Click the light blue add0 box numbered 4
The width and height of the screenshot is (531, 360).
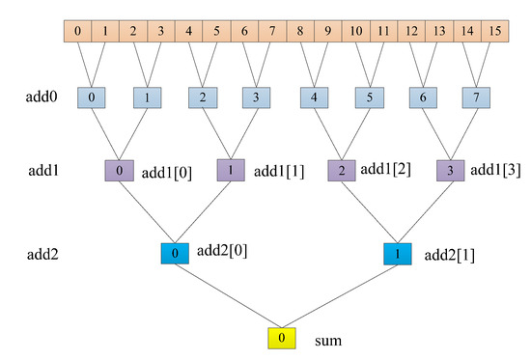click(x=314, y=99)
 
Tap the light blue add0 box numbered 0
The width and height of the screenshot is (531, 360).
click(x=92, y=99)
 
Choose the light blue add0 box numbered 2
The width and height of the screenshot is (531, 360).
click(x=203, y=99)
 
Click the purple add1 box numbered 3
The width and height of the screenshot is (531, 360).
click(x=451, y=171)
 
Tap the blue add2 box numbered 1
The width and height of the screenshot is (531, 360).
click(x=397, y=254)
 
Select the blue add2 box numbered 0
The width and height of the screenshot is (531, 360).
click(x=175, y=254)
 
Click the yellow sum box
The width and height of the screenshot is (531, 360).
click(x=281, y=340)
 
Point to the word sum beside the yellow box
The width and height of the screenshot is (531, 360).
click(x=329, y=341)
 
